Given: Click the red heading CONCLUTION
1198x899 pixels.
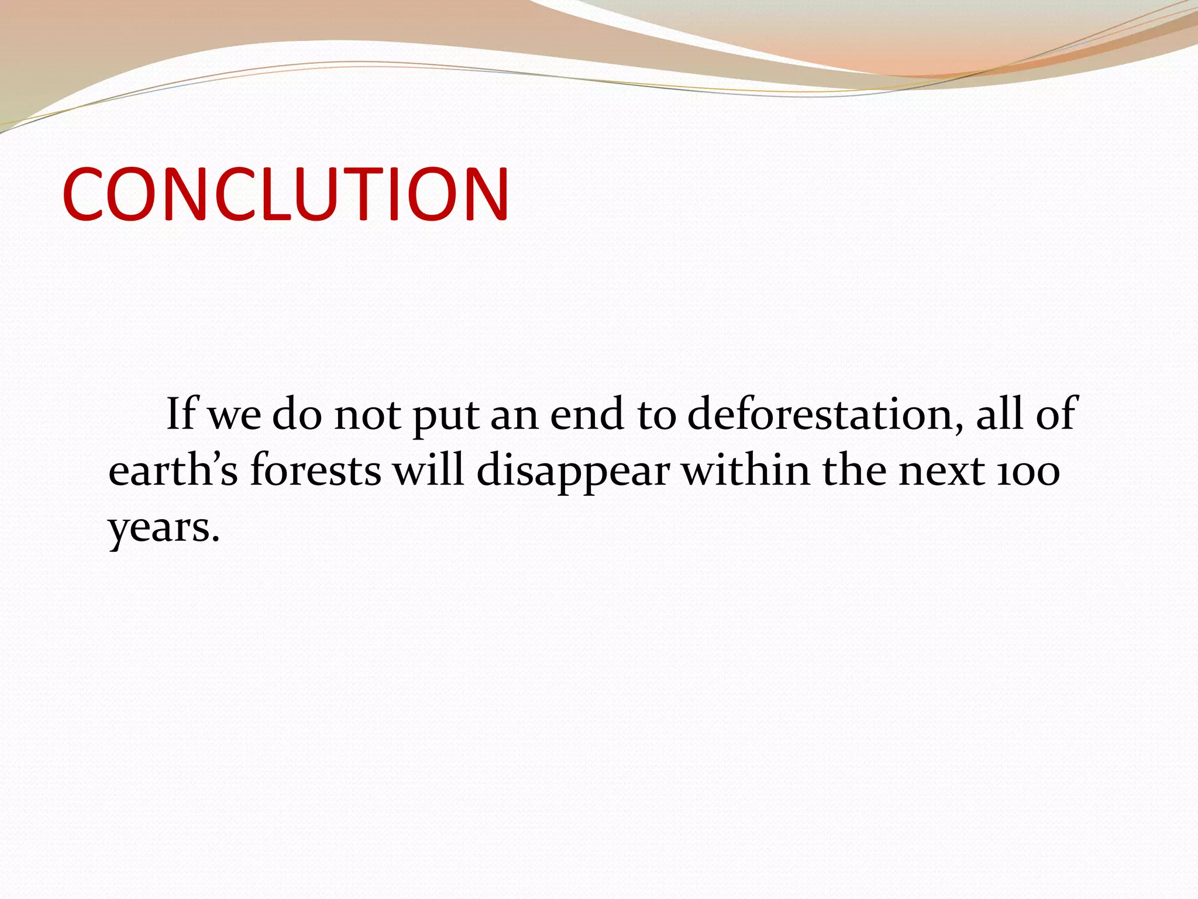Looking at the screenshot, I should pyautogui.click(x=285, y=194).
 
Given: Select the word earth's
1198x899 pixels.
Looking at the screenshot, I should pyautogui.click(x=173, y=471).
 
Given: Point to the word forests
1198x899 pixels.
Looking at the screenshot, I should pyautogui.click(x=316, y=471).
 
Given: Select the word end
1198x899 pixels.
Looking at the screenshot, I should pyautogui.click(x=587, y=414).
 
